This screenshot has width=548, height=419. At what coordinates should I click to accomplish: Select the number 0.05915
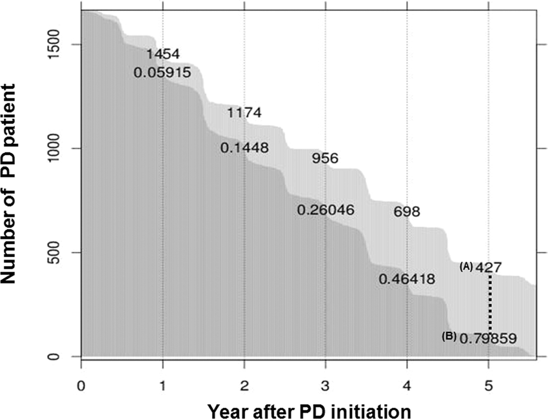[x=162, y=73]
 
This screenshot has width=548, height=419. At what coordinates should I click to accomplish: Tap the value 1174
[x=244, y=114]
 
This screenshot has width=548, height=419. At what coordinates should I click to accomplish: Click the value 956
[x=325, y=158]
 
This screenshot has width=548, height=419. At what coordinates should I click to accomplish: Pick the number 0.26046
[x=326, y=210]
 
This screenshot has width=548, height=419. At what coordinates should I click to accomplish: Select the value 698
[x=406, y=212]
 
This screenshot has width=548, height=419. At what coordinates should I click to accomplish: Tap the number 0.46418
[x=407, y=280]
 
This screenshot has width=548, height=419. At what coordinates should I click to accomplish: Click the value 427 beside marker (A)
[x=489, y=267]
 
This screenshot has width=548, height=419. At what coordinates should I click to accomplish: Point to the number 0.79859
[x=488, y=338]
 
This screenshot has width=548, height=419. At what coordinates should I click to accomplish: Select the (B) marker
[x=449, y=336]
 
